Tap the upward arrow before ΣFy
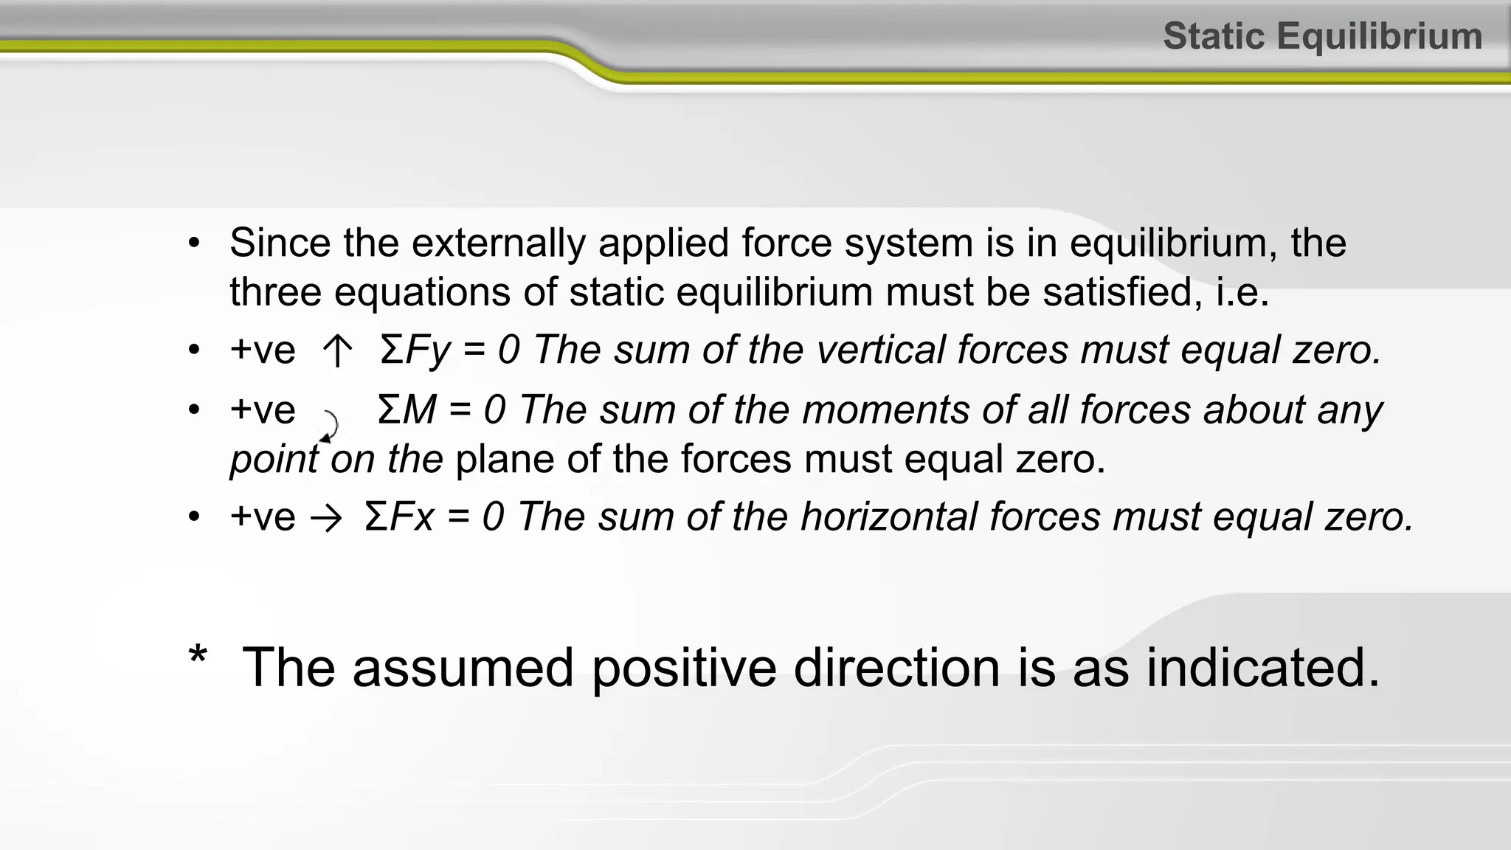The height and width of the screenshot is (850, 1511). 337,350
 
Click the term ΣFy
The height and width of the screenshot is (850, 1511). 415,350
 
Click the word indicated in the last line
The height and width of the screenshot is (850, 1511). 1262,668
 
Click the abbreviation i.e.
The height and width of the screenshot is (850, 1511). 1242,291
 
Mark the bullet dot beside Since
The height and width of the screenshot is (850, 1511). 194,243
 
